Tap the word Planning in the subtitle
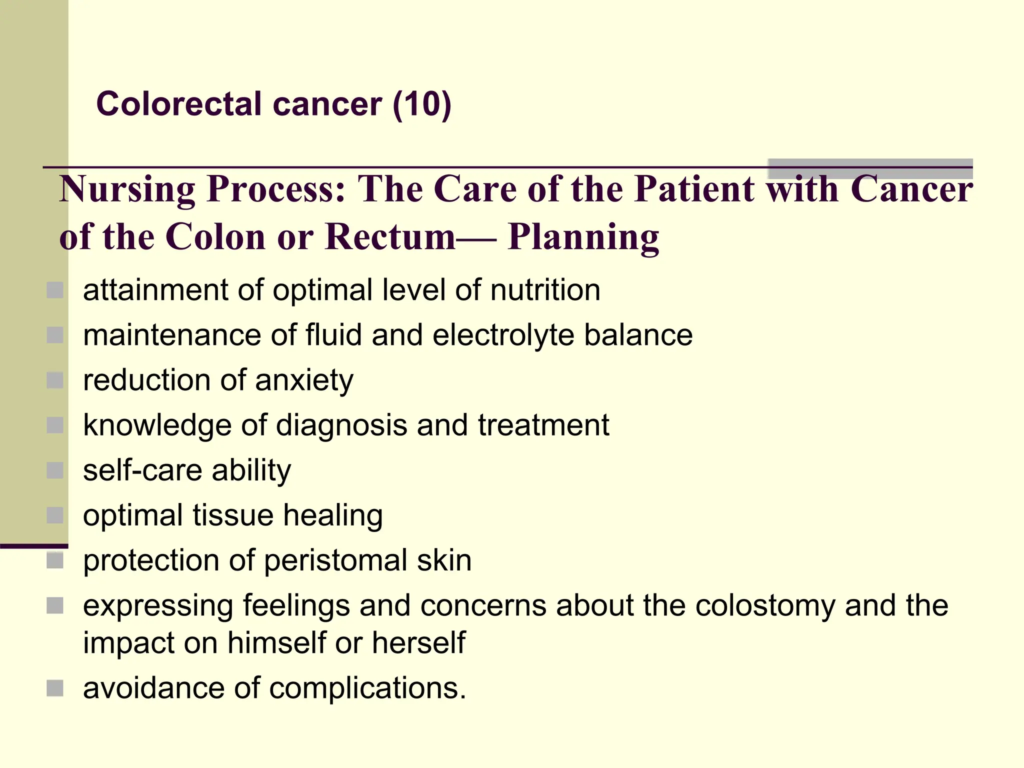583,237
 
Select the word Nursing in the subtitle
127,189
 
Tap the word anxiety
304,380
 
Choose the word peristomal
335,560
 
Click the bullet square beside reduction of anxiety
55,380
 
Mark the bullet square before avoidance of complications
55,688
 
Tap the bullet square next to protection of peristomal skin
55,560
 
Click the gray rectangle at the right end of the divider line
870,168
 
